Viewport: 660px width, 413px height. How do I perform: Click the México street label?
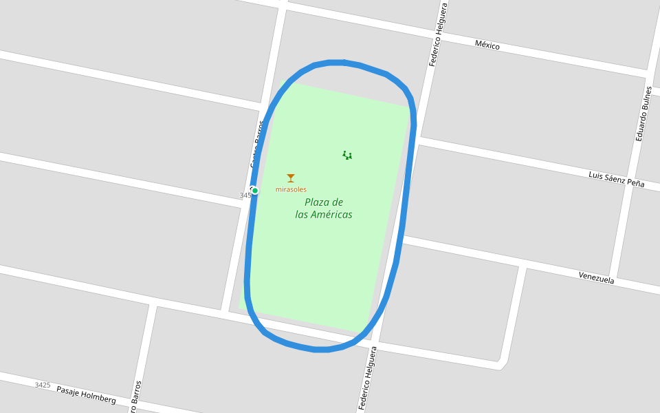pyautogui.click(x=487, y=45)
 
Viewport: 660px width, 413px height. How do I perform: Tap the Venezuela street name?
pyautogui.click(x=595, y=278)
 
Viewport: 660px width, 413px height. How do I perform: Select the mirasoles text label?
pyautogui.click(x=291, y=189)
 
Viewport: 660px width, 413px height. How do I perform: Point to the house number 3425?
pyautogui.click(x=43, y=385)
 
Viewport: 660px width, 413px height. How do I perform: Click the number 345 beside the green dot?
pyautogui.click(x=245, y=195)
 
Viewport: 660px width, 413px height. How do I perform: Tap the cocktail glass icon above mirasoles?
pyautogui.click(x=291, y=178)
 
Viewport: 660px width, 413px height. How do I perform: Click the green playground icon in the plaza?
pyautogui.click(x=347, y=156)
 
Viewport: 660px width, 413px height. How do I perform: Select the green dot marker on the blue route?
pyautogui.click(x=255, y=191)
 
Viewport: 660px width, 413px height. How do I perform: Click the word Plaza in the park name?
pyautogui.click(x=318, y=202)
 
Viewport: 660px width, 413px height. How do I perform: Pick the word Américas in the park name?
pyautogui.click(x=331, y=215)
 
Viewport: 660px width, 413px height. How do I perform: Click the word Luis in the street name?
pyautogui.click(x=596, y=176)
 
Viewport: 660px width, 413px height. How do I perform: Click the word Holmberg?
pyautogui.click(x=100, y=397)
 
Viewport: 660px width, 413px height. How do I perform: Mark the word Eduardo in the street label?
pyautogui.click(x=640, y=127)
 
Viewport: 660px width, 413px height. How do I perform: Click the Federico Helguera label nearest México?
pyautogui.click(x=438, y=34)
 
